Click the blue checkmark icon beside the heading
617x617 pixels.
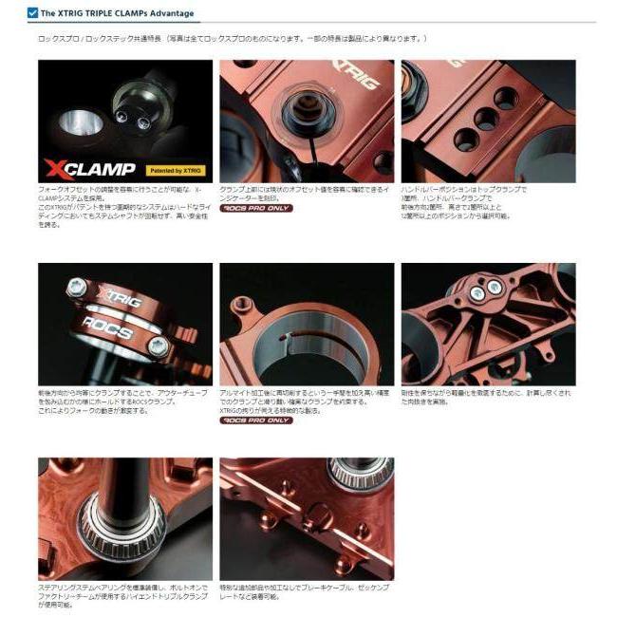[32, 13]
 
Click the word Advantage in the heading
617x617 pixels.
[172, 13]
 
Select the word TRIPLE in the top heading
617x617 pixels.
[96, 13]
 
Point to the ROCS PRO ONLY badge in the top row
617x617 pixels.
[256, 207]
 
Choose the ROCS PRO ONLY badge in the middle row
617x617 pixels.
[256, 420]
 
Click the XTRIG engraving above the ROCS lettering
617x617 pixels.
[123, 304]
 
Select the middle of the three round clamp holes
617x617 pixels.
[486, 118]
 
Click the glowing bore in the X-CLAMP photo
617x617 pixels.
[77, 123]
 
